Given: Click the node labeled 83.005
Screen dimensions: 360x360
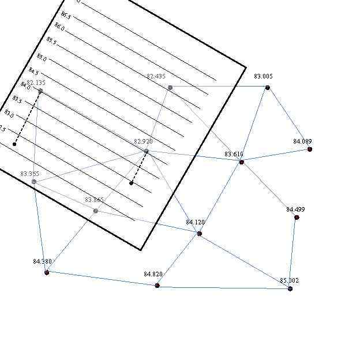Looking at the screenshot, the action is point(268,87).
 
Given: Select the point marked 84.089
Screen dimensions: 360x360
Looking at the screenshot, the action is point(310,149).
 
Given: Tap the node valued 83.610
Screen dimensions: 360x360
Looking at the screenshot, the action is point(241,162).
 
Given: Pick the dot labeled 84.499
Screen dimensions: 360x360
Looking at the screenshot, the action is point(297,217).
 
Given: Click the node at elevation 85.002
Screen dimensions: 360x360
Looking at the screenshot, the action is point(290,288).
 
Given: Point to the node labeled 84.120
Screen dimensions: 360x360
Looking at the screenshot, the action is point(200,234).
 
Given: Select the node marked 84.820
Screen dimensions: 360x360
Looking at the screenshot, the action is point(157,286).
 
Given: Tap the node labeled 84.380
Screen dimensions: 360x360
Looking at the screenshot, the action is point(47,272).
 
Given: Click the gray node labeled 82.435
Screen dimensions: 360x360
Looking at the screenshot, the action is point(170,88).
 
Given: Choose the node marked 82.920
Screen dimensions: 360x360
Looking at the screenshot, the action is point(146,152).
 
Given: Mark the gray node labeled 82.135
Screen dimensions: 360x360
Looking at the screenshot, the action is point(40,91).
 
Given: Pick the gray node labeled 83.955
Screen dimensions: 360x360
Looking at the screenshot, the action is point(34,182).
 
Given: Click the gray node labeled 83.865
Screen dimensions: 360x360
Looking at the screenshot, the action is point(96,211).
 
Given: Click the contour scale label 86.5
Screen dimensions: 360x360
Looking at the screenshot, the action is point(66,16).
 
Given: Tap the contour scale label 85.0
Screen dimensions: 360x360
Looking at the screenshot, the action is point(42,58).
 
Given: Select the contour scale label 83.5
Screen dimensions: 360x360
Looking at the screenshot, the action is point(17,100).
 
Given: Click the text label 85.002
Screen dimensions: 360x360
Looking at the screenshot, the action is point(290,280).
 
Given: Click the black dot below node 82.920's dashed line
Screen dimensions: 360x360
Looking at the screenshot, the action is point(132,183).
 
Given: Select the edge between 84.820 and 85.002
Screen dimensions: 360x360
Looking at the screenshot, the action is point(223,287).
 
